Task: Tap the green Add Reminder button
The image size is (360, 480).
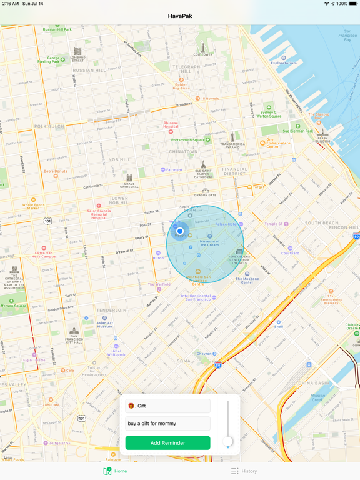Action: coord(167,443)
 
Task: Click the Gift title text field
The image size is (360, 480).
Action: coord(167,406)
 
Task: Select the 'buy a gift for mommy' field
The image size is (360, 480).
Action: coord(167,424)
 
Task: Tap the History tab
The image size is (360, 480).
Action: coord(244,471)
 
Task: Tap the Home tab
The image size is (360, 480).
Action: coord(115,471)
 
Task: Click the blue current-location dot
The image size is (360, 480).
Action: coord(180,231)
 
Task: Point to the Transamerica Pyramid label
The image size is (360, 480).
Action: coord(232,145)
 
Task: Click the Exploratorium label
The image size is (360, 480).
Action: coord(284,62)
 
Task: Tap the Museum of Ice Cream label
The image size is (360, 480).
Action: coord(209,242)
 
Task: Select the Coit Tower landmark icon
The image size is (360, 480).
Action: coord(202,47)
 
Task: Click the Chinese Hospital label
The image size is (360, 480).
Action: coord(171,125)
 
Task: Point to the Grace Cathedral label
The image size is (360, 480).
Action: coord(129,186)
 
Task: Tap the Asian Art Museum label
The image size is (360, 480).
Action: coord(105,324)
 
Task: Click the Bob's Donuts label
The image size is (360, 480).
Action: coord(55,171)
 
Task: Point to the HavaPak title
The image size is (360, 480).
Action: coord(180,16)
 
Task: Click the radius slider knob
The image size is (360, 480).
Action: coord(228,442)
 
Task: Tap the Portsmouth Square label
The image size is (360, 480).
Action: coord(188,140)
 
